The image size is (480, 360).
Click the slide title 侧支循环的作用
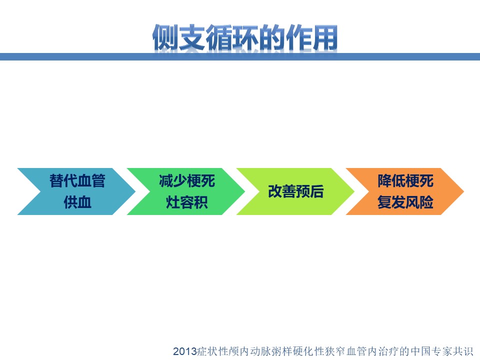(245, 37)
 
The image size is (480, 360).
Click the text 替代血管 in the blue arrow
(77, 180)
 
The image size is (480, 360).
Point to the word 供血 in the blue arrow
(77, 202)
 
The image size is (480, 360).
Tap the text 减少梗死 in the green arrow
(187, 180)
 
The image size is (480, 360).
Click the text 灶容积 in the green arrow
(187, 202)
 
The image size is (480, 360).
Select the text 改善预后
(296, 191)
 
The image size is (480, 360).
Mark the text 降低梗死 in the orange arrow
(405, 180)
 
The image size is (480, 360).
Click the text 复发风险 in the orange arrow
(405, 202)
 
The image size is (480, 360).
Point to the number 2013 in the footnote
(185, 351)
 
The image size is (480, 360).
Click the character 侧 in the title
(165, 37)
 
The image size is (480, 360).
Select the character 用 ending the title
(325, 37)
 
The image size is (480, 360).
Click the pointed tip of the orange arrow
(464, 191)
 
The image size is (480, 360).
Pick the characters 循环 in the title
(231, 37)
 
